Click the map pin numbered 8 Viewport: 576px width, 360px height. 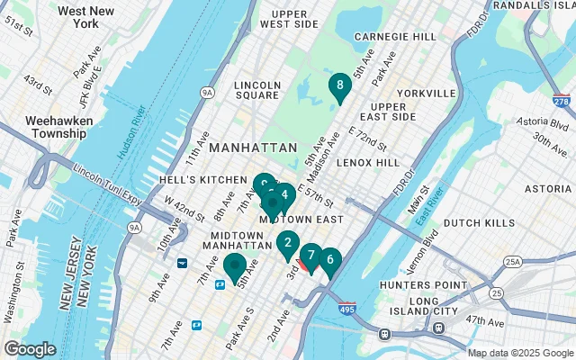(339, 86)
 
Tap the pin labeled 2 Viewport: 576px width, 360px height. (287, 242)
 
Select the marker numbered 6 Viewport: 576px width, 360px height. (330, 260)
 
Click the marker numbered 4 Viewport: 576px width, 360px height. (284, 194)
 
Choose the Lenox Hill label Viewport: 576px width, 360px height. (366, 163)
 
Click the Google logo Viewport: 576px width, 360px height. (31, 348)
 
